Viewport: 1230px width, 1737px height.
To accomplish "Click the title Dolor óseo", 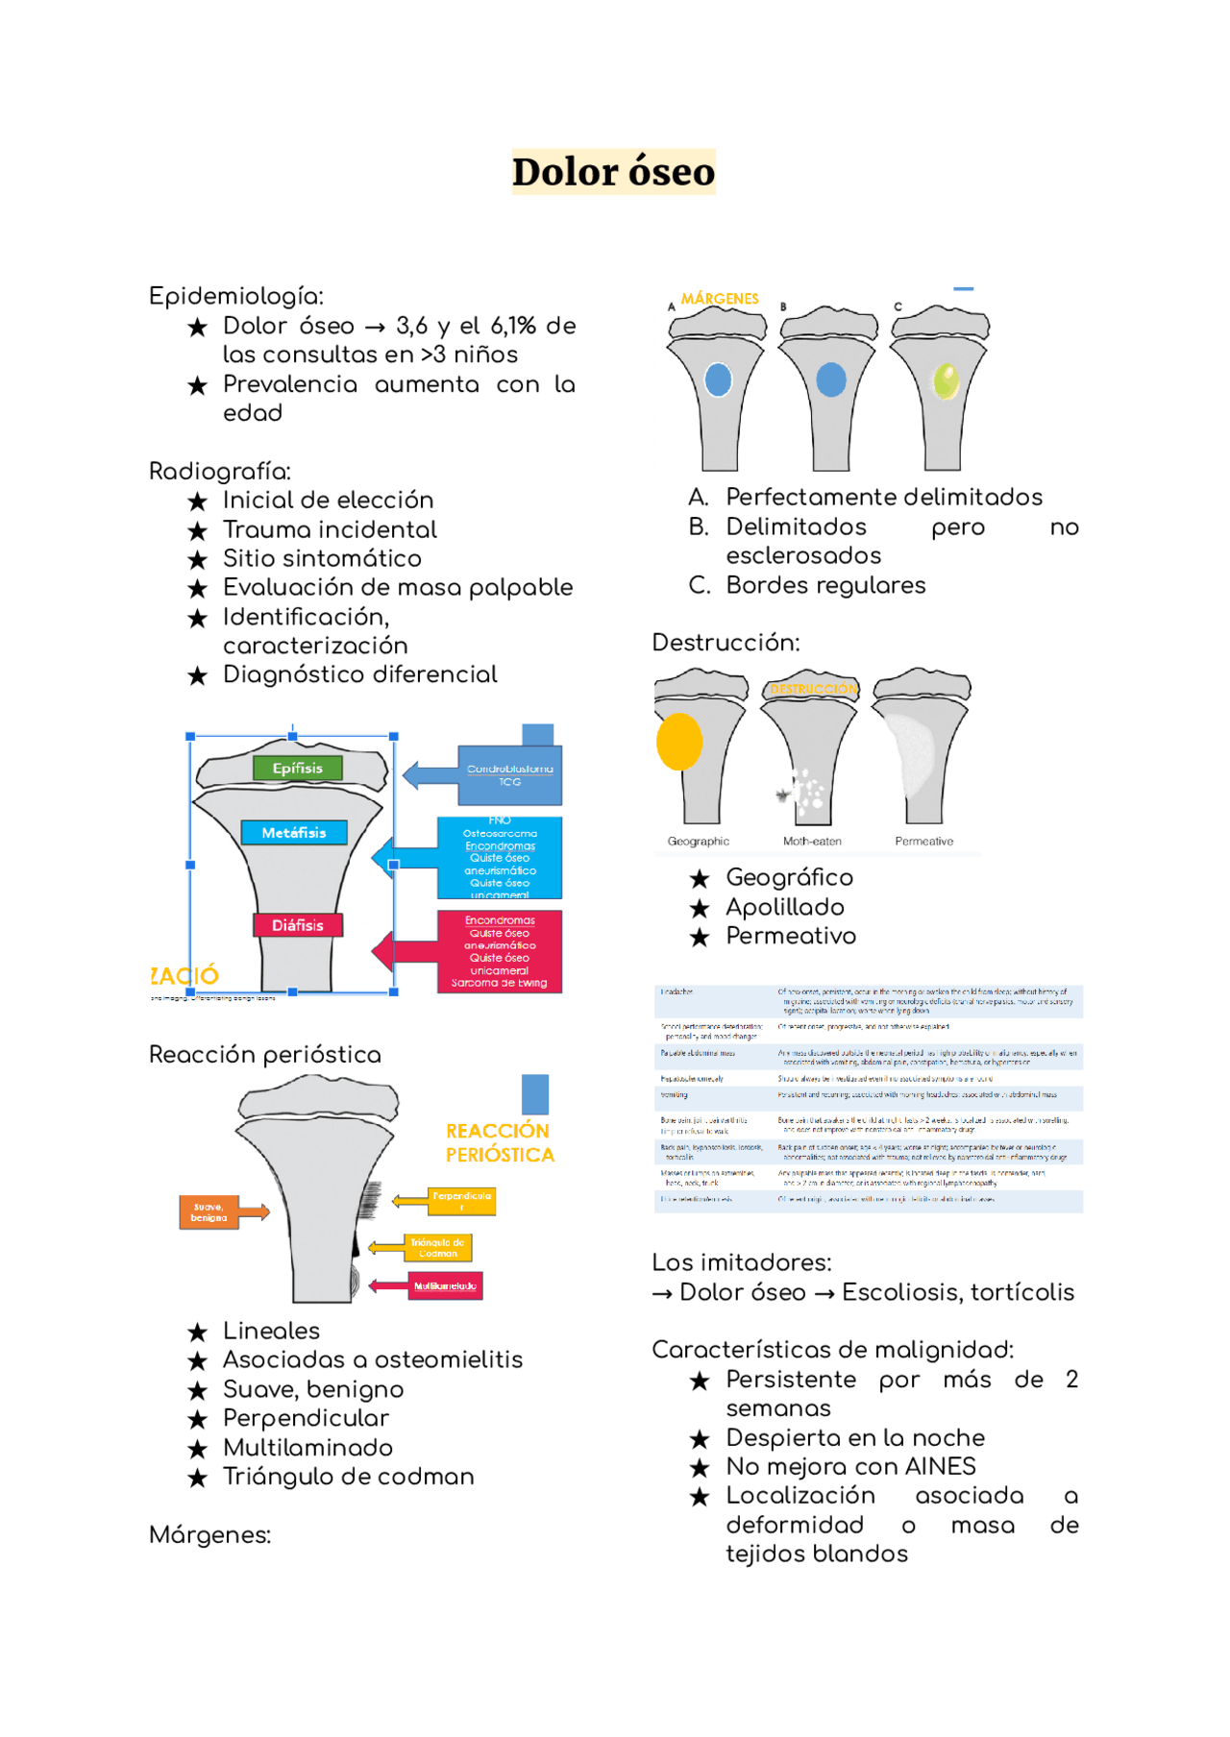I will (613, 172).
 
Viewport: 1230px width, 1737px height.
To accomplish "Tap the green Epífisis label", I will (298, 768).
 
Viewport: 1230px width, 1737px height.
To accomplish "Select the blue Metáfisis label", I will (293, 832).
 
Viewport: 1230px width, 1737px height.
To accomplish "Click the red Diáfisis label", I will (298, 924).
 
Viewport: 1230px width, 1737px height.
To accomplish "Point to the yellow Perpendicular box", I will (461, 1200).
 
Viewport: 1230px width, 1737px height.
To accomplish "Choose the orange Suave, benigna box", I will (209, 1211).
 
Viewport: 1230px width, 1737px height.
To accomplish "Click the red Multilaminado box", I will (445, 1285).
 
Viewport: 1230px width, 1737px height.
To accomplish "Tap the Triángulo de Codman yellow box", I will (438, 1247).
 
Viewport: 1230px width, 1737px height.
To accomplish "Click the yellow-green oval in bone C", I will (946, 380).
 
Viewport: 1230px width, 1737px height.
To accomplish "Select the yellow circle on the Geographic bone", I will (679, 741).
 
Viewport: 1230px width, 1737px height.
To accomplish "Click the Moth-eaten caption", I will (812, 842).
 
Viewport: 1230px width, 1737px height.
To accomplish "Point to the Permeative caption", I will (923, 842).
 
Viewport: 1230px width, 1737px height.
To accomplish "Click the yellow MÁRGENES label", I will (720, 299).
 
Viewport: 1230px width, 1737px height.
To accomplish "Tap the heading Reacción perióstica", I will (264, 1054).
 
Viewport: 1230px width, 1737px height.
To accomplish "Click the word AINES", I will (941, 1466).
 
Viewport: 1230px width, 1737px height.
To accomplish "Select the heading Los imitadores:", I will (741, 1261).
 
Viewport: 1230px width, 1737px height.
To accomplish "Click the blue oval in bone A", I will (718, 380).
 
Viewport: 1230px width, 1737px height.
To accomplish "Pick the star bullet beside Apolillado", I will (700, 908).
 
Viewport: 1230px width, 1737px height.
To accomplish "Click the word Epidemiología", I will (235, 296).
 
